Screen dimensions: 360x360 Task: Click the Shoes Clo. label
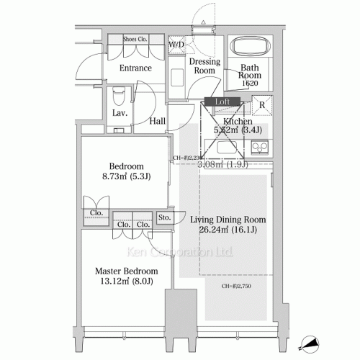pos(135,40)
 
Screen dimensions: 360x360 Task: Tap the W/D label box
pos(176,45)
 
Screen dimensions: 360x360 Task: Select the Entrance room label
pos(135,68)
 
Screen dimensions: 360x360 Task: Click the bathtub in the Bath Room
pos(250,49)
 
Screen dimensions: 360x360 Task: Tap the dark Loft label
pos(222,102)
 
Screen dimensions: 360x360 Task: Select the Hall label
pos(158,122)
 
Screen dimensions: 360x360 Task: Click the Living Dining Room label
pos(228,220)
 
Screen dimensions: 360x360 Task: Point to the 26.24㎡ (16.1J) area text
pos(228,231)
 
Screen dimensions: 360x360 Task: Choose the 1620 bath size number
pos(250,84)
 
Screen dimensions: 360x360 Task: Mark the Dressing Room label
pos(204,66)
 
